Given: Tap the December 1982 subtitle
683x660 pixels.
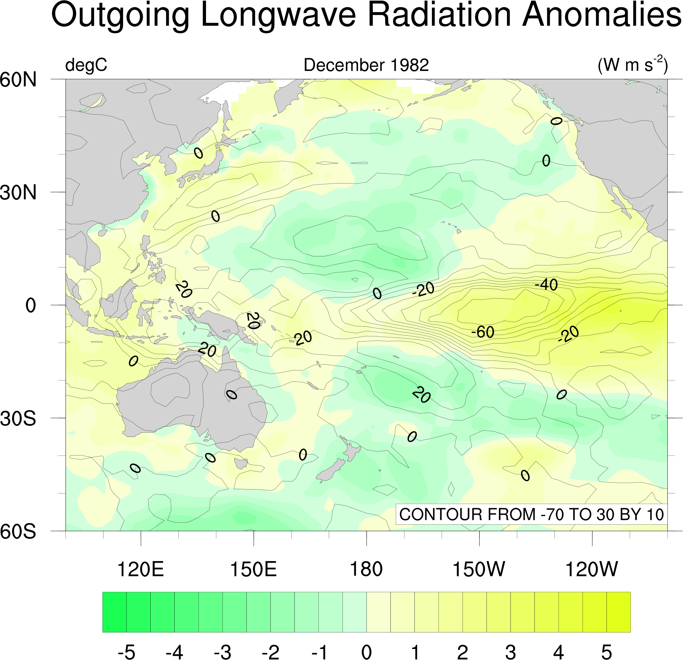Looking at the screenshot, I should [x=366, y=65].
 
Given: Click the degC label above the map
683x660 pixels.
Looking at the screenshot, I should [x=86, y=65].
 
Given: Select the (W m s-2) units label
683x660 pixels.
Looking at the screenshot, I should [x=632, y=64].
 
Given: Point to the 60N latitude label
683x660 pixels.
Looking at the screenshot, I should [x=18, y=80].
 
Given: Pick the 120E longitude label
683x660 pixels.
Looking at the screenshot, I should [x=140, y=569].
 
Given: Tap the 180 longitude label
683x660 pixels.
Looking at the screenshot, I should [x=366, y=569].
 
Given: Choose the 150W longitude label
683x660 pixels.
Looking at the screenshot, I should [x=478, y=569].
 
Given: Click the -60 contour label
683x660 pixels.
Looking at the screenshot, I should [x=483, y=332].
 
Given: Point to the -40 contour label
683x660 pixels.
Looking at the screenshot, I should [x=546, y=285].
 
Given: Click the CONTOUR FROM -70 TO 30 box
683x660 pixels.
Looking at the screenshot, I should [x=531, y=514].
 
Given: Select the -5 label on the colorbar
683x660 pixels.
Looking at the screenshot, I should [x=126, y=652].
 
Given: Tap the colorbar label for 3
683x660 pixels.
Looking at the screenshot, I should [x=510, y=652].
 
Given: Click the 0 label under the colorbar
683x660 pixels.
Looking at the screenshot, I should [x=366, y=652].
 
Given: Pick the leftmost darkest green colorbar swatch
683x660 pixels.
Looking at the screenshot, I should [x=114, y=612].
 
